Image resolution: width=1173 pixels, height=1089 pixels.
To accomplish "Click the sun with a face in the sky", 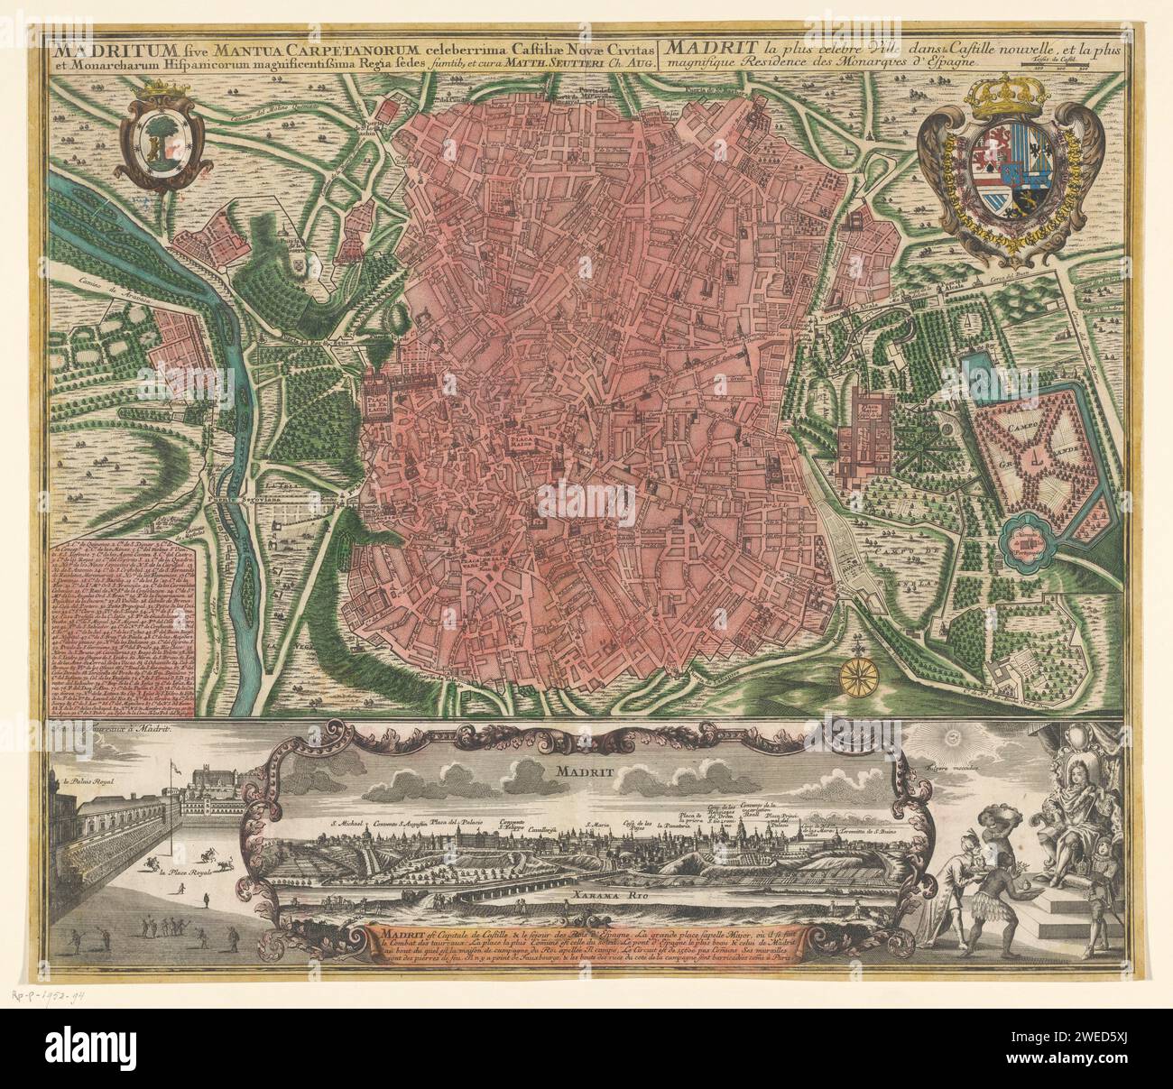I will coord(954,741).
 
